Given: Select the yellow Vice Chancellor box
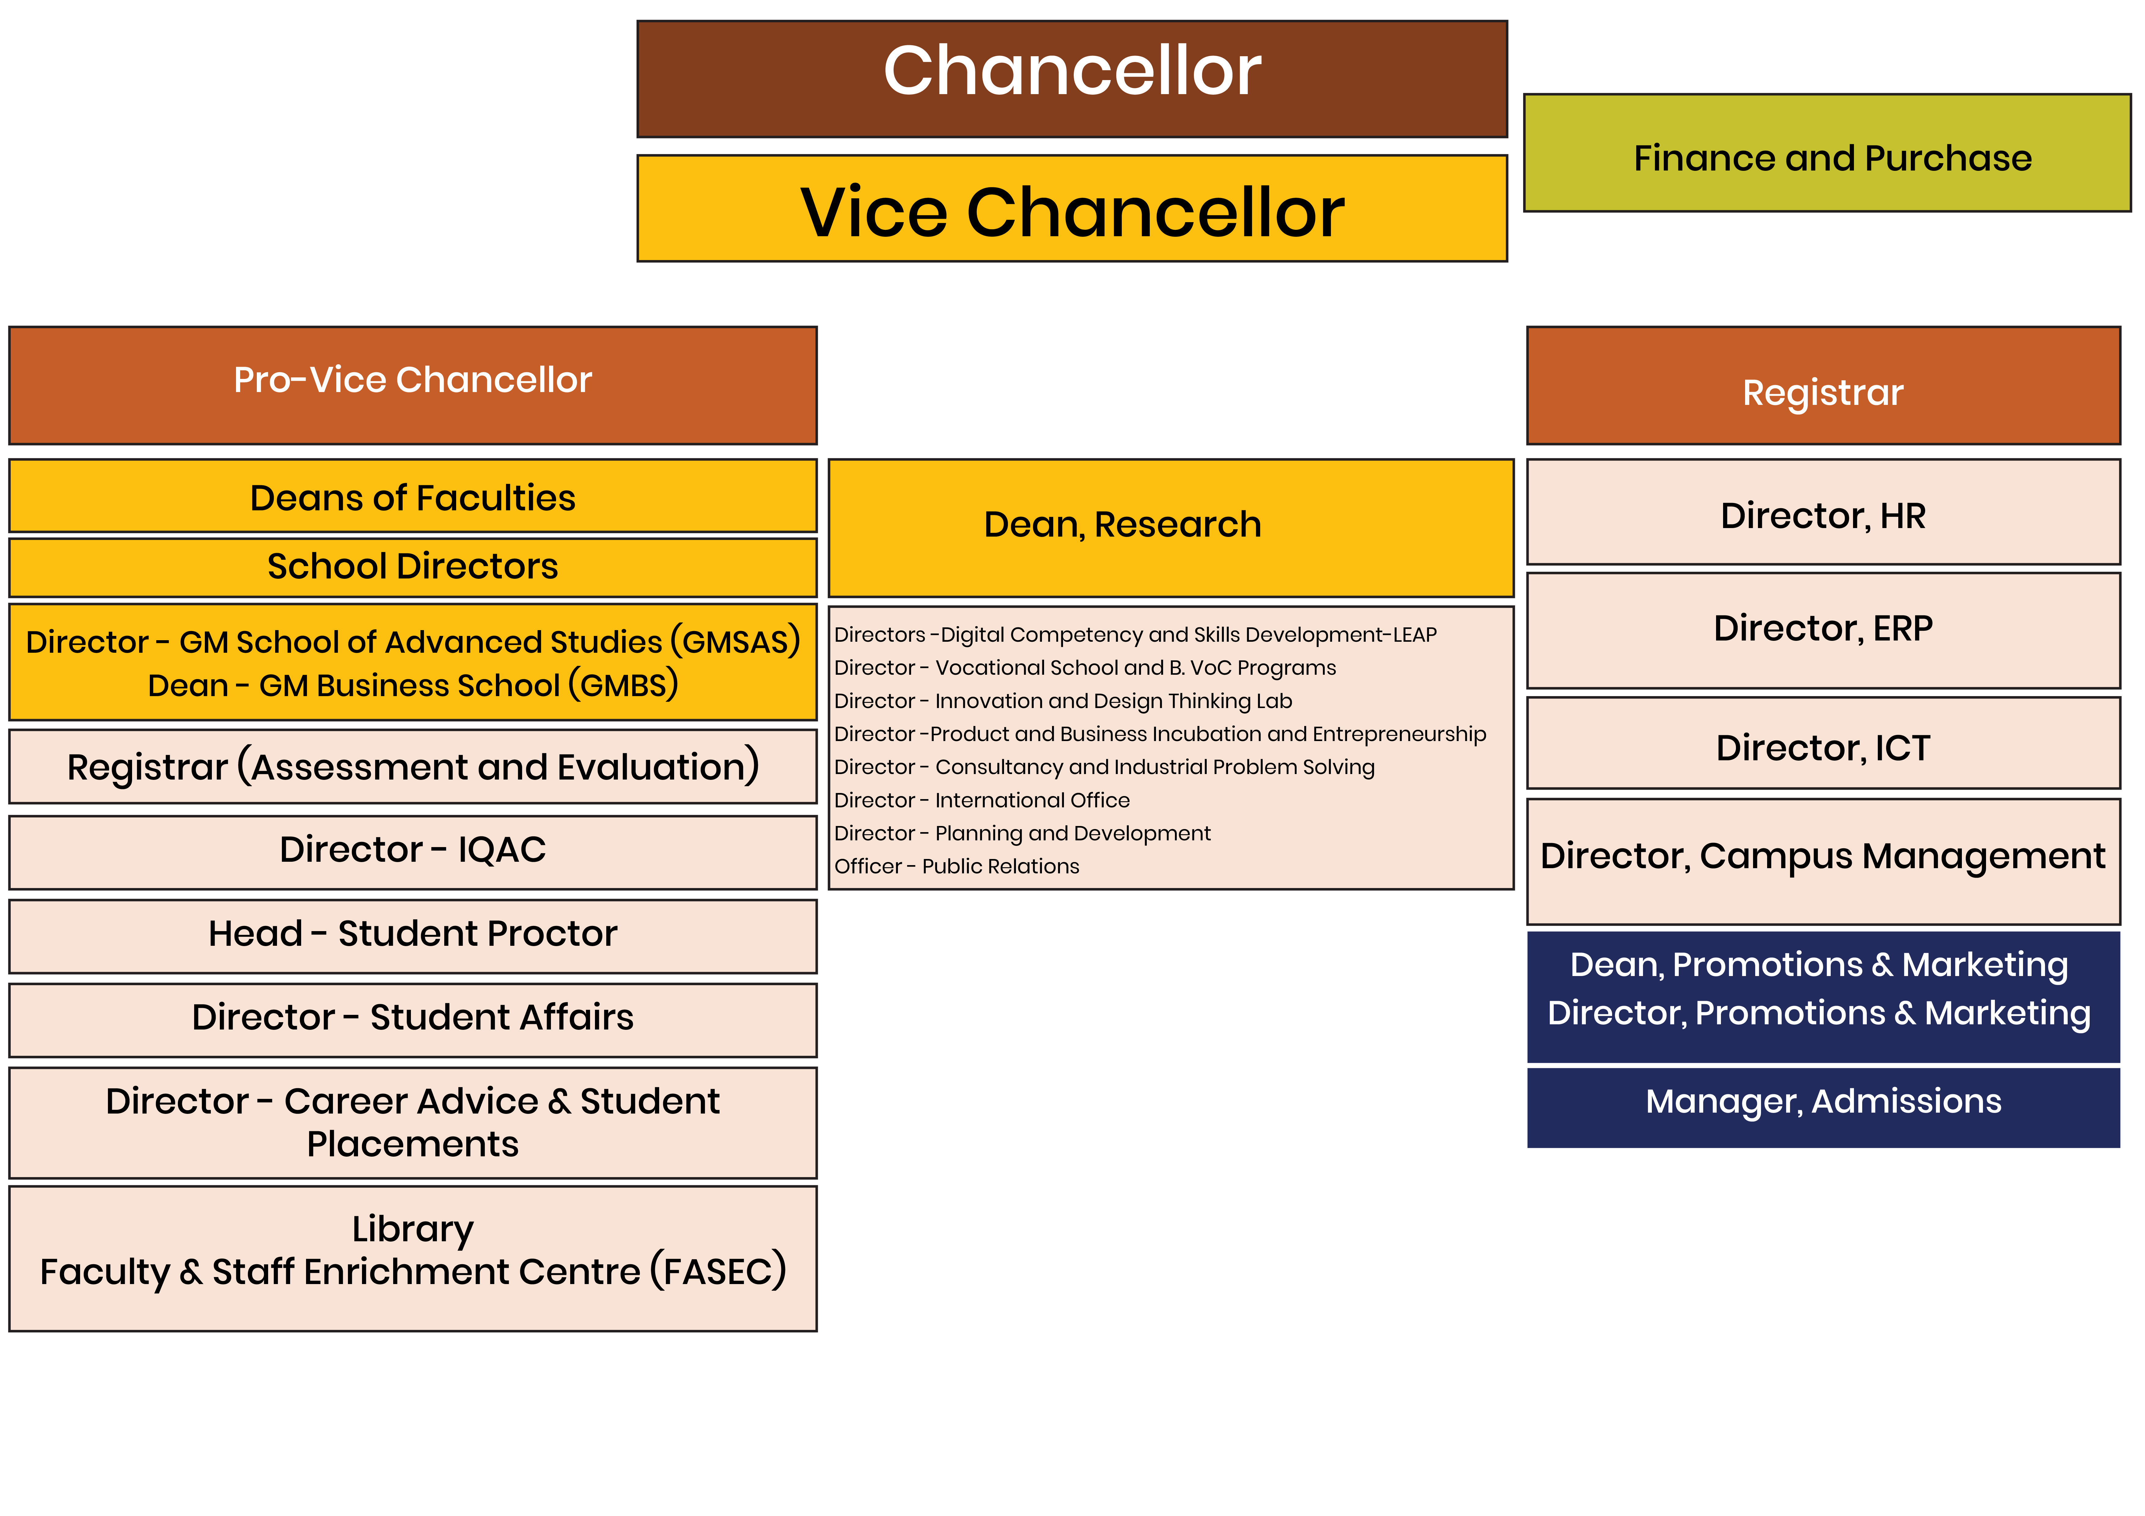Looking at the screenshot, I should click(x=1072, y=208).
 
